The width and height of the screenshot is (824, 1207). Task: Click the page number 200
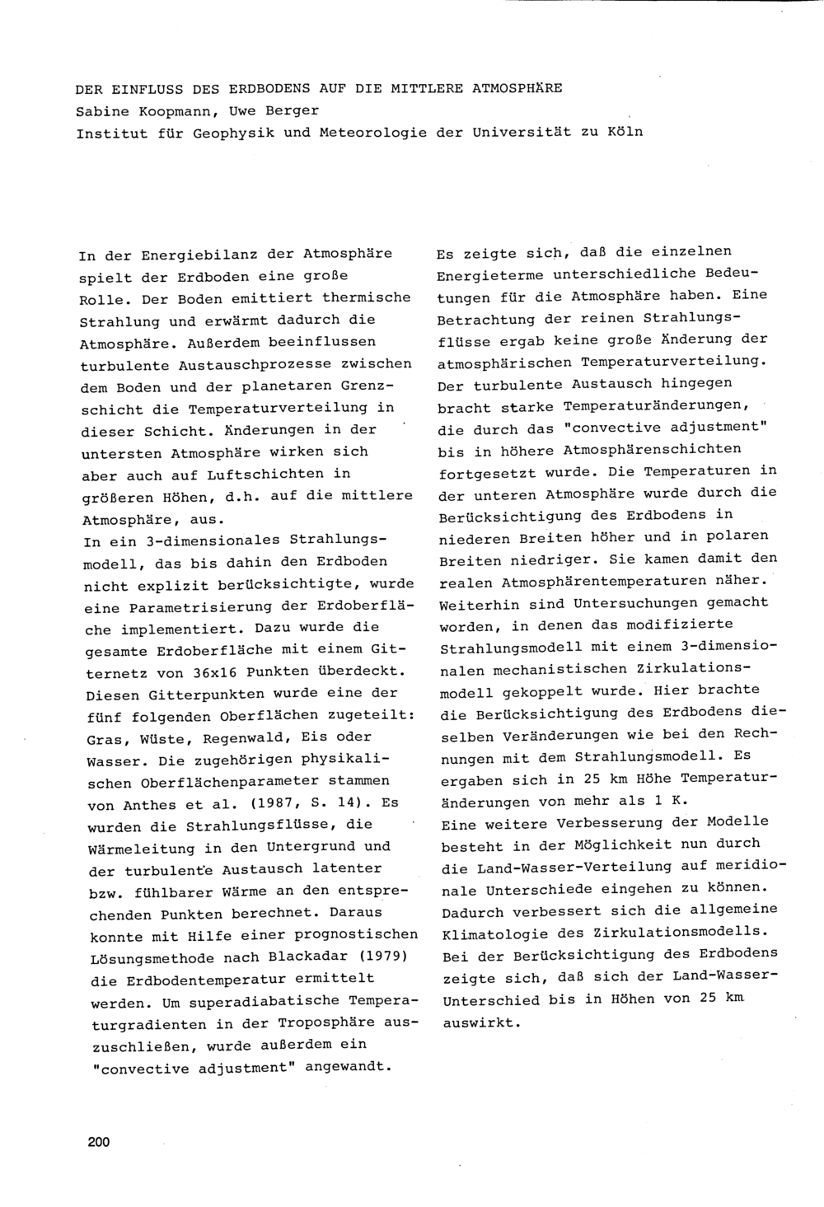click(97, 1142)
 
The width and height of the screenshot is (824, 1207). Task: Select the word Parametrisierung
click(185, 606)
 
